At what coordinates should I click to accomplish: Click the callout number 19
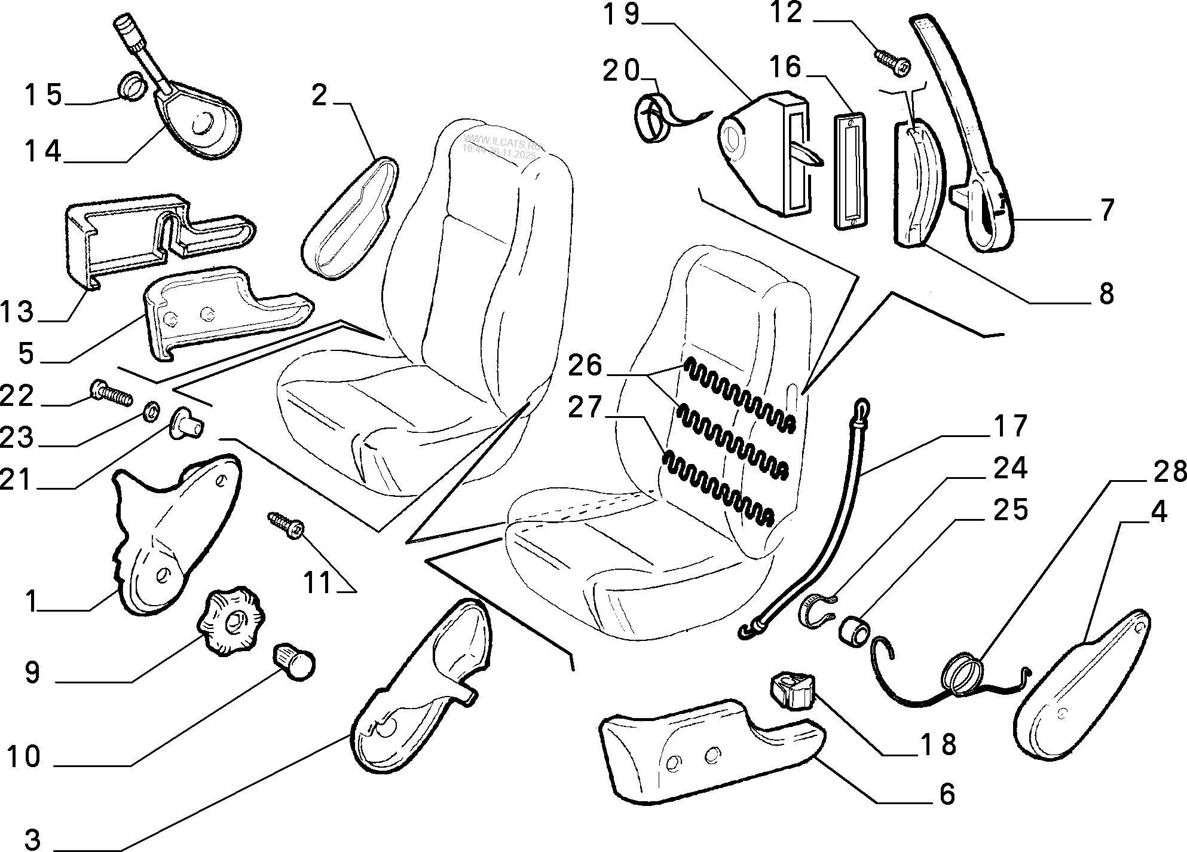621,16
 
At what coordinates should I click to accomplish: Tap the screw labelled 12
893,62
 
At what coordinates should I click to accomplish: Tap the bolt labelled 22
111,394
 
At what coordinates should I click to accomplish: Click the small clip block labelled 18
793,691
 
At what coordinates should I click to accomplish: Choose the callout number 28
1168,472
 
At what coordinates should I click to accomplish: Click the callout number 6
947,794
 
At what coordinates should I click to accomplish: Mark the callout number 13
18,312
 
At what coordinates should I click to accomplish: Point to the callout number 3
27,839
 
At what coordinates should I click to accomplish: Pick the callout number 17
1010,426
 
